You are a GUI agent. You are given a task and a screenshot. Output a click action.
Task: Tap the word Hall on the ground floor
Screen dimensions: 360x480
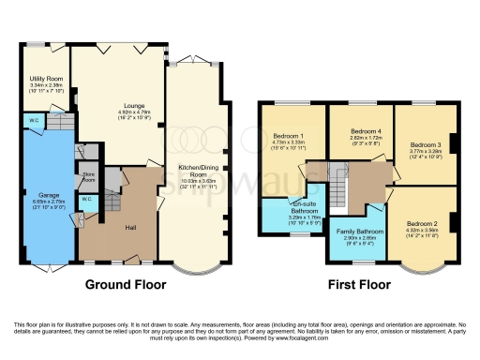point(131,226)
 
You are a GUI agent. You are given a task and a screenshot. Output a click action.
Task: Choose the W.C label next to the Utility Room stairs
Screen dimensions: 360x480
point(34,120)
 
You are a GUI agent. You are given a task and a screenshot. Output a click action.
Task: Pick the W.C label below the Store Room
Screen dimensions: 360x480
point(85,200)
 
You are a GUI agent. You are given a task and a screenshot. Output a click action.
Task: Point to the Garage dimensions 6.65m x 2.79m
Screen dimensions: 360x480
point(49,202)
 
